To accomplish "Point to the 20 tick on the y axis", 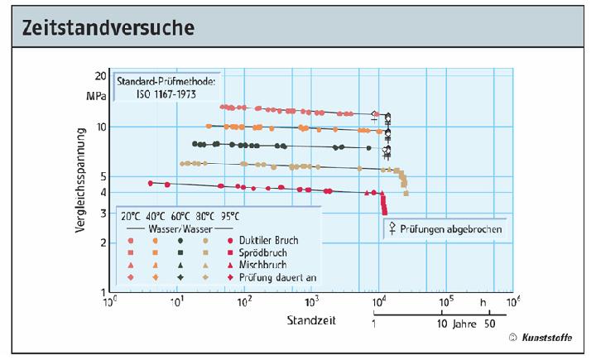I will click(99, 75).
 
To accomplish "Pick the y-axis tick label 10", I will click(100, 127).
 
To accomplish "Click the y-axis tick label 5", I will click(103, 176).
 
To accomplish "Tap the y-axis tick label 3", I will click(103, 213).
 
